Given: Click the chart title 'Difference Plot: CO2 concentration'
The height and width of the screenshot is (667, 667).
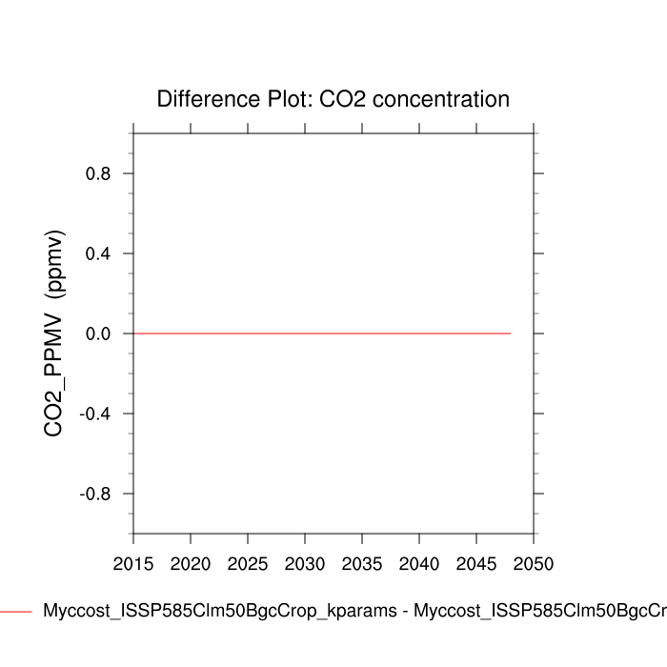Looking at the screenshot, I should pyautogui.click(x=333, y=99).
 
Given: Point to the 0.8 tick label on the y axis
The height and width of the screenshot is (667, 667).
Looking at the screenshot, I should pyautogui.click(x=98, y=173).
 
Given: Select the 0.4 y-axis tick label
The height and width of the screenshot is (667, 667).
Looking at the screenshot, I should pyautogui.click(x=98, y=253).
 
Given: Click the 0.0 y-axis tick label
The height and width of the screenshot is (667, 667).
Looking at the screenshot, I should pyautogui.click(x=98, y=333).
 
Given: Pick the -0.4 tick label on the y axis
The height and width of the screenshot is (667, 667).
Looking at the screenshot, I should pyautogui.click(x=95, y=414).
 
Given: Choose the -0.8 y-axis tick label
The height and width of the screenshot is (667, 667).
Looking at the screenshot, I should pyautogui.click(x=95, y=494).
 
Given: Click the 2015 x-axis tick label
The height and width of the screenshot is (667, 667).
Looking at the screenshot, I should pyautogui.click(x=133, y=563).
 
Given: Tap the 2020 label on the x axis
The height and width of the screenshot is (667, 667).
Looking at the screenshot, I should pyautogui.click(x=191, y=563).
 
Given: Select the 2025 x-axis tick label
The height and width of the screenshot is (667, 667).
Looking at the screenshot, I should pyautogui.click(x=248, y=563).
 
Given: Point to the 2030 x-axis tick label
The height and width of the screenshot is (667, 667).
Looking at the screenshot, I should pyautogui.click(x=305, y=563).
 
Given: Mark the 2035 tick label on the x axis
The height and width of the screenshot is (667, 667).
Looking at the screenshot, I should pyautogui.click(x=362, y=563).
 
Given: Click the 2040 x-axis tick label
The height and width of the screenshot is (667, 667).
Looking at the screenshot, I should pyautogui.click(x=419, y=563).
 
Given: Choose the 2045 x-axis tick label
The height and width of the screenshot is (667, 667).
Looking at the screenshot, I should pyautogui.click(x=476, y=563).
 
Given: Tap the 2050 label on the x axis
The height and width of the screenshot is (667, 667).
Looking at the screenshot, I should pyautogui.click(x=534, y=563).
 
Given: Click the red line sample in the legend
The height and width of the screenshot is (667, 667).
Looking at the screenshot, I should pyautogui.click(x=16, y=611).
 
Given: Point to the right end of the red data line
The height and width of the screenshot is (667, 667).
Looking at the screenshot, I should pyautogui.click(x=511, y=333).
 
